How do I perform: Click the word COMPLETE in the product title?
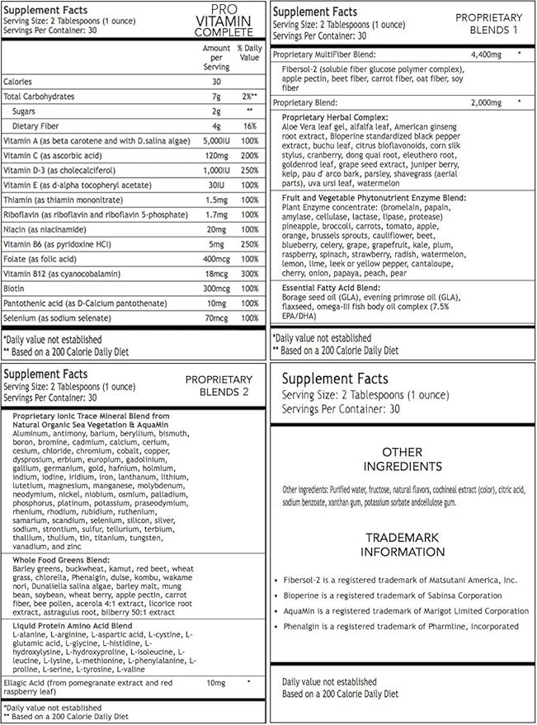pyautogui.click(x=224, y=32)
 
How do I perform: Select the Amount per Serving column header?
pyautogui.click(x=216, y=58)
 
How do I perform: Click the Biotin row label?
pyautogui.click(x=14, y=288)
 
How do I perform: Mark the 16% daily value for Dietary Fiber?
pyautogui.click(x=249, y=125)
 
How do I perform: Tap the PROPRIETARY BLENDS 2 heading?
pyautogui.click(x=216, y=384)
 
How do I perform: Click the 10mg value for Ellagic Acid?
pyautogui.click(x=216, y=683)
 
